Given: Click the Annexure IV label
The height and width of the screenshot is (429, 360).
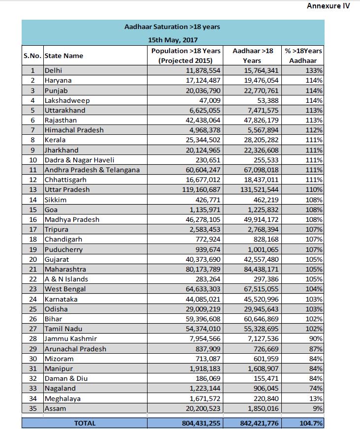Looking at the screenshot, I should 328,6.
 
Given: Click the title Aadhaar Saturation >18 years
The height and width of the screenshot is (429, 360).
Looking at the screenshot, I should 172,27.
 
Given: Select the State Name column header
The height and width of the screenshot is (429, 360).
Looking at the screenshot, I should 63,56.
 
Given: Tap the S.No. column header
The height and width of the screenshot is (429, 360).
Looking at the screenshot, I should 32,56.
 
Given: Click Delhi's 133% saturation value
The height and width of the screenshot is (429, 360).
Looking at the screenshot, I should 313,70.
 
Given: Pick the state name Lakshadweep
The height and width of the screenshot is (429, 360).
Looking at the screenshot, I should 67,100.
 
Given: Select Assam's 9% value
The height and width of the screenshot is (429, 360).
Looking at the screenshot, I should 317,408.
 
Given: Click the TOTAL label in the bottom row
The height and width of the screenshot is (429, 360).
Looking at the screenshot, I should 85,423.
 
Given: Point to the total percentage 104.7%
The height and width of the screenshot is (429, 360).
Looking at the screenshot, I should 311,423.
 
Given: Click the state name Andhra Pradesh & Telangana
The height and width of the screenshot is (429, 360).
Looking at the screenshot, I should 92,170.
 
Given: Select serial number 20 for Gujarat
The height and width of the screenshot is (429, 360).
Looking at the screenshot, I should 32,259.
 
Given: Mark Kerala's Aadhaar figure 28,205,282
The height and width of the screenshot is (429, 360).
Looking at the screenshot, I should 256,140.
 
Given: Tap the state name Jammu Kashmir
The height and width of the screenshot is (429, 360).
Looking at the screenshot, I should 70,338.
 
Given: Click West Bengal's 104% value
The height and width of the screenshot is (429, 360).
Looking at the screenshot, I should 313,289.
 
